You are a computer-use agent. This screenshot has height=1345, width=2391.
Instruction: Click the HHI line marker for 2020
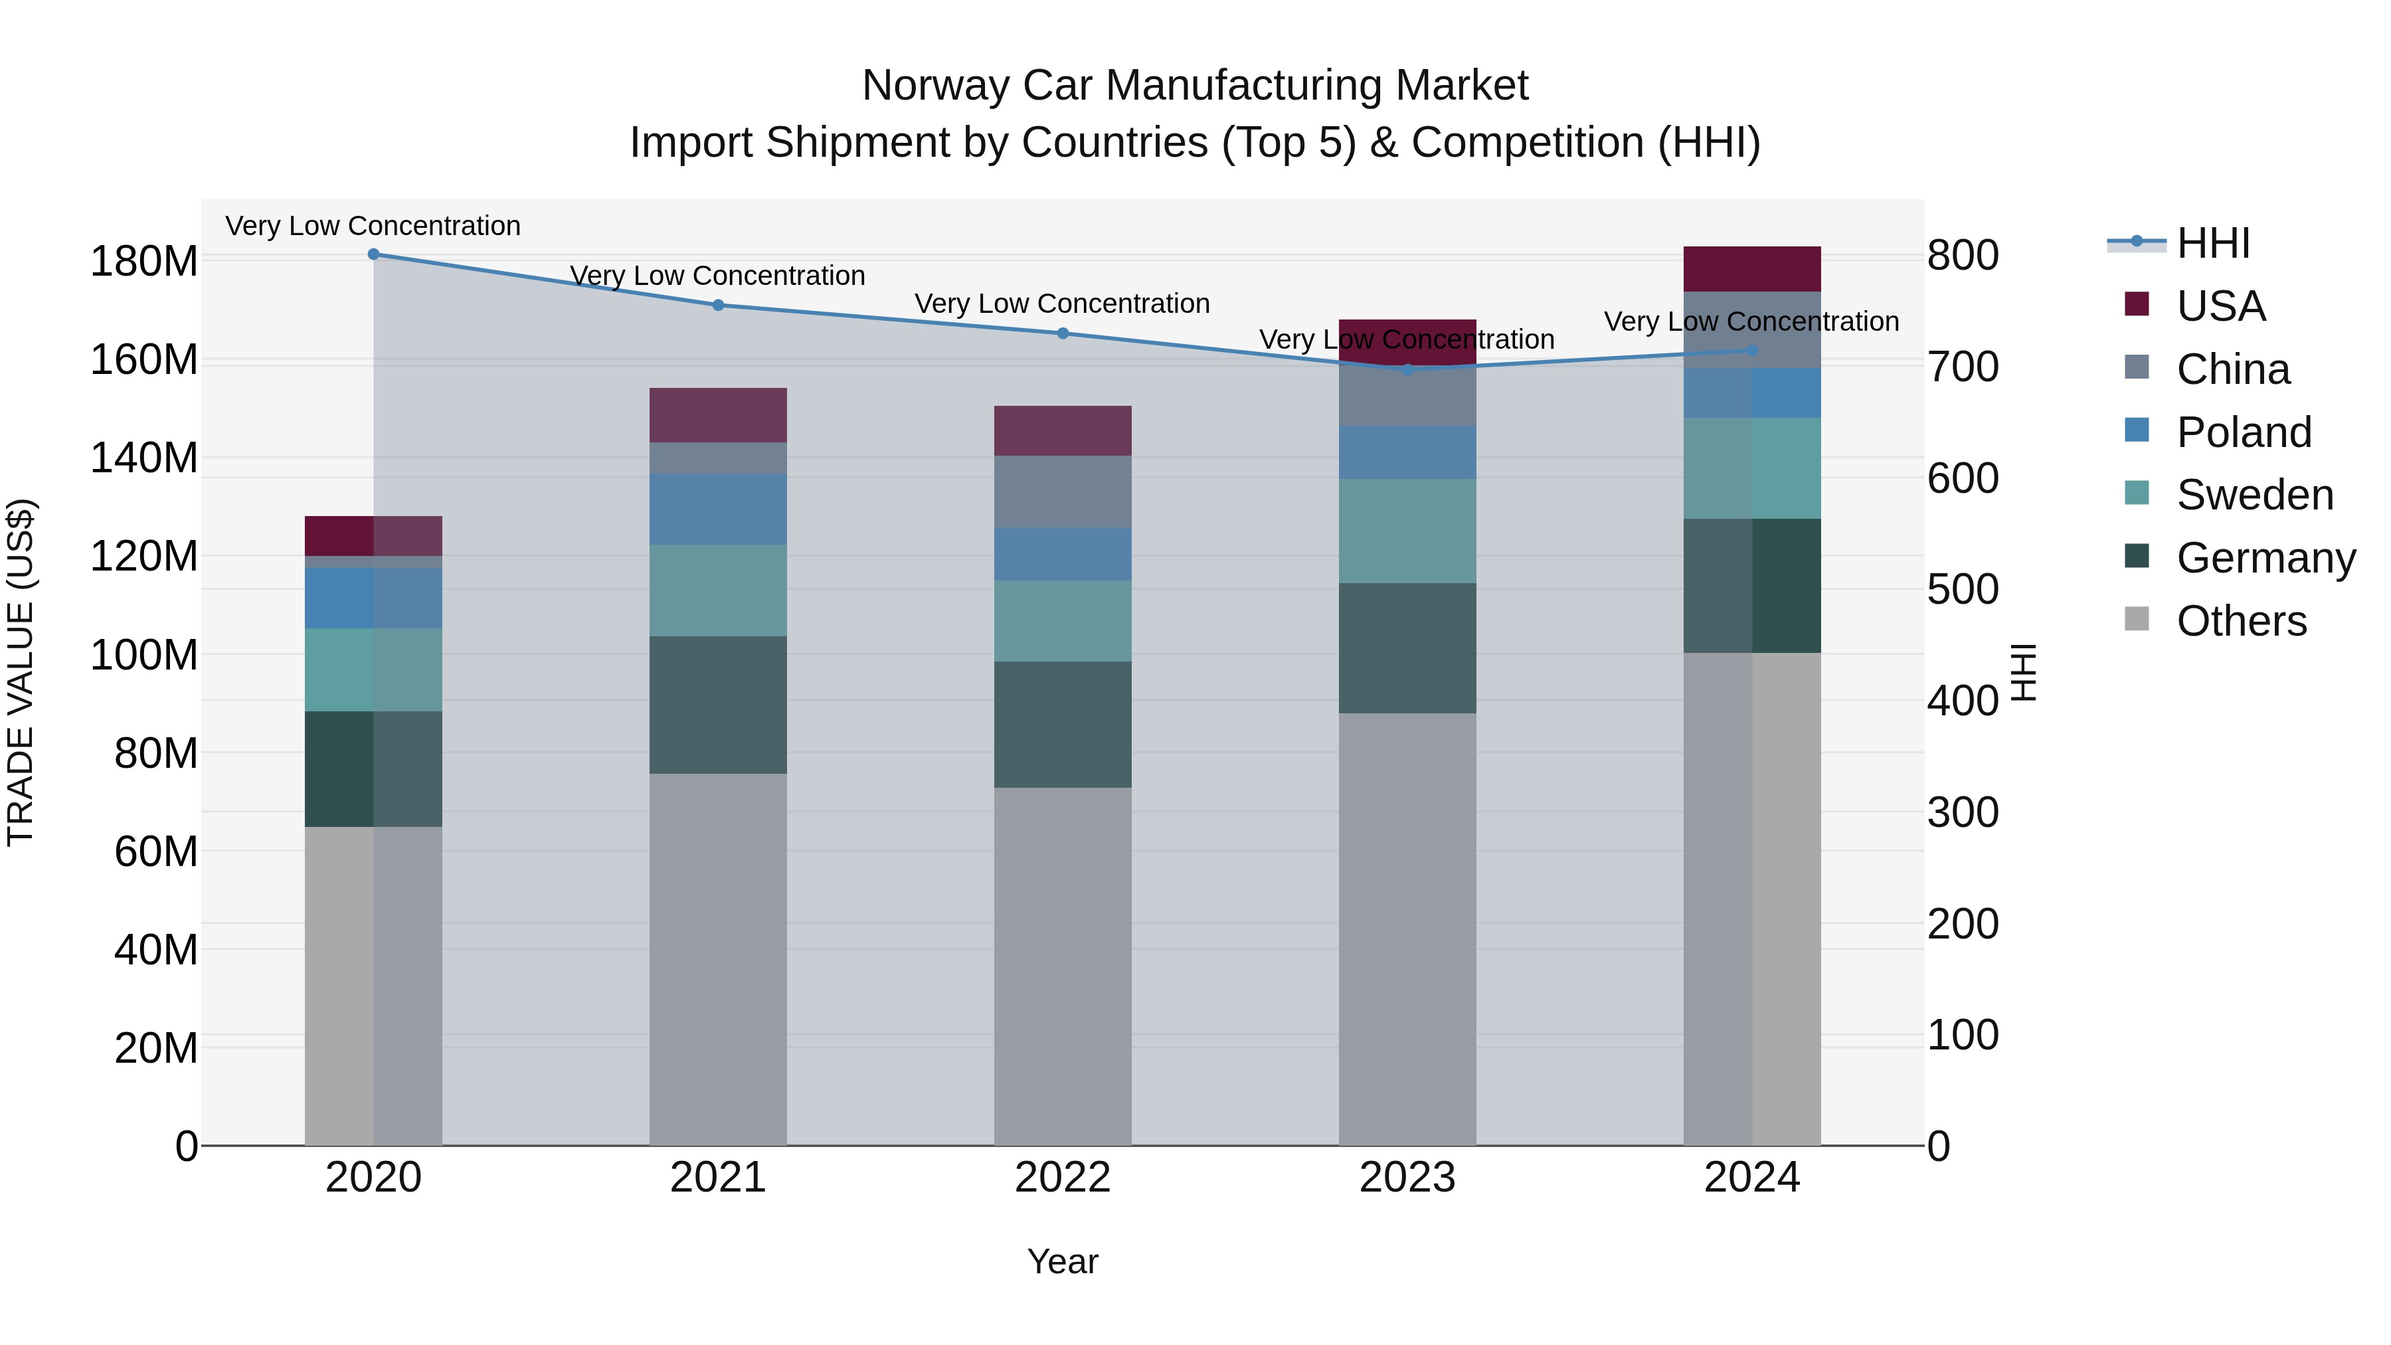(373, 254)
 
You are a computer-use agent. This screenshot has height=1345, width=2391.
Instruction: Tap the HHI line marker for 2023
(1407, 369)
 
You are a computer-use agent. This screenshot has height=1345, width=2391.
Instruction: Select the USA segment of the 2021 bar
(717, 415)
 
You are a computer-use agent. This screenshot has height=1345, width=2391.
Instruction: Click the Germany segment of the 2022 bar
(1063, 724)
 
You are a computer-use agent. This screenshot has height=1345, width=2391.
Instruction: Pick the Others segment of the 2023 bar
(1407, 929)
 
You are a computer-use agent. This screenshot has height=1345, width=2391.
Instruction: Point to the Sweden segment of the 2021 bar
(717, 590)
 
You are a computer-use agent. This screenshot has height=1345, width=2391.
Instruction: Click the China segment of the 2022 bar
(1063, 492)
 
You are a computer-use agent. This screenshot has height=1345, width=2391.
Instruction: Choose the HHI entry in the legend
(2213, 243)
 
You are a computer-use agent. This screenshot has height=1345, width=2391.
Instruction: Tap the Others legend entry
(2241, 621)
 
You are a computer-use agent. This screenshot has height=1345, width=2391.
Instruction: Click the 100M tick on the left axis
(144, 656)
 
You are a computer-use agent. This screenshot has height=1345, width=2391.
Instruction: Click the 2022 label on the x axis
(1063, 1178)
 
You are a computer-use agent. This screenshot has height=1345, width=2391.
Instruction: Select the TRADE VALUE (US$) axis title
(21, 672)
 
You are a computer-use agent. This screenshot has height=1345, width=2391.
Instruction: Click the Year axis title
(1063, 1261)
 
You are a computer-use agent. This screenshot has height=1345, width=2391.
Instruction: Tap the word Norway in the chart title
(934, 86)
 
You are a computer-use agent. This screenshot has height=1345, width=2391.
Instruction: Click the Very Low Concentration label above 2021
(717, 276)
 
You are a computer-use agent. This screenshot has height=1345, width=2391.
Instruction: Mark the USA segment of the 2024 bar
(1751, 269)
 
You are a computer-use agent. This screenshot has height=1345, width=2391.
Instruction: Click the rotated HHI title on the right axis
(2024, 672)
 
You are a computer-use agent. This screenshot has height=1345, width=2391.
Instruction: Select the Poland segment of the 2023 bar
(1407, 453)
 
